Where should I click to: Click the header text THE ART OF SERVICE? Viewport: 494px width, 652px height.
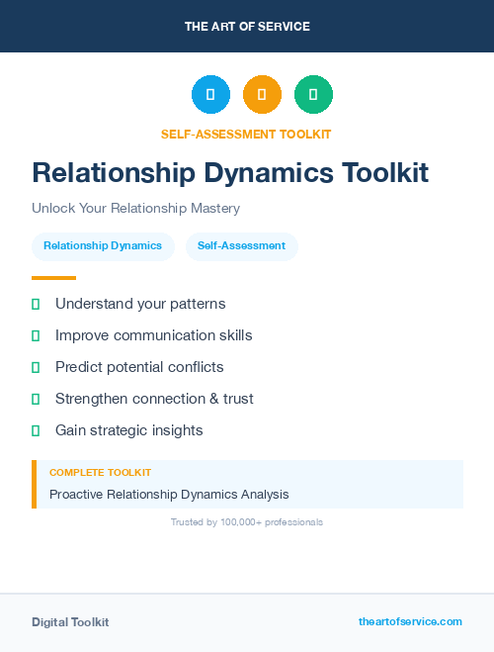point(247,27)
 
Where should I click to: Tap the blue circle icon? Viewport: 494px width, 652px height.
point(210,95)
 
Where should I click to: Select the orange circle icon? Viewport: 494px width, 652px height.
point(262,95)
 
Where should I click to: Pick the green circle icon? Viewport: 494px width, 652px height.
point(313,95)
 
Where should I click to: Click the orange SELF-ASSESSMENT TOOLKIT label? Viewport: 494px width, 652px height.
point(246,134)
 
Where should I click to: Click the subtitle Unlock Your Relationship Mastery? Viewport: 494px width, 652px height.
point(135,209)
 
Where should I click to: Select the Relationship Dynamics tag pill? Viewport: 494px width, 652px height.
point(103,245)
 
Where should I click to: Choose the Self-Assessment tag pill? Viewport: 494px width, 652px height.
point(241,245)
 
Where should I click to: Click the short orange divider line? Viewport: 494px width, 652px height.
point(53,278)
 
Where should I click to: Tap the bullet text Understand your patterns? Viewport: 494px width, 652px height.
point(140,304)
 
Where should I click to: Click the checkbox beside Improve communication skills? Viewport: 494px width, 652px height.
point(36,336)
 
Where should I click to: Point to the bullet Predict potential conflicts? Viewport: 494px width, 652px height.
point(139,367)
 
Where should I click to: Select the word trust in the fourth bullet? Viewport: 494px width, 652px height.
point(237,399)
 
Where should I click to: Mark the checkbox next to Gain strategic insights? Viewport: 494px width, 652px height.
point(36,430)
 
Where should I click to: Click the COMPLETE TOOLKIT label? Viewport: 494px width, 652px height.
point(100,473)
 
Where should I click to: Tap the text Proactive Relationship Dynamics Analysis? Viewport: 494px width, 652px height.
point(169,494)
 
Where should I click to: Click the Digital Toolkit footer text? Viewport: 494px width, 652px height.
point(70,622)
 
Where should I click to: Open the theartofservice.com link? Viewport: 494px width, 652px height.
point(410,621)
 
